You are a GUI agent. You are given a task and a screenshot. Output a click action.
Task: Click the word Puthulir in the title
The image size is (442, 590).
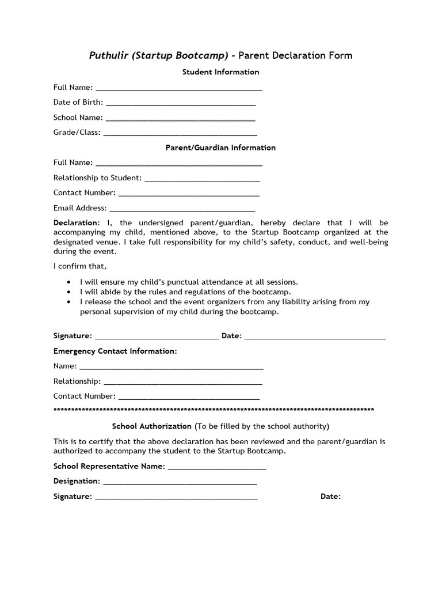coord(109,56)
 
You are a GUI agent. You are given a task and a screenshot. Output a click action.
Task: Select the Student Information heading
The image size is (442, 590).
coord(220,72)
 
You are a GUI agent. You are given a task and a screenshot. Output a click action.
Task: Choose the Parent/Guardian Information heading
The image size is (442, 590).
coord(220,147)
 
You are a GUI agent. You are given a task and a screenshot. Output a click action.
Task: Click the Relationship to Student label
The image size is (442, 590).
coord(97,178)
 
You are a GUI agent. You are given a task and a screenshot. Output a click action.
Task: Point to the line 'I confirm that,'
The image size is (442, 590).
coord(80,266)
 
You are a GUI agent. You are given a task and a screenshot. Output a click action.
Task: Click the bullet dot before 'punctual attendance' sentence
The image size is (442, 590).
coord(69,282)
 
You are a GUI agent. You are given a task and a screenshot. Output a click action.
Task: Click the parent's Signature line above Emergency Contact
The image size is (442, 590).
coord(156,338)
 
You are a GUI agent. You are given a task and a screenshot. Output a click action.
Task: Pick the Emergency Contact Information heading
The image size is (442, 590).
coord(115,351)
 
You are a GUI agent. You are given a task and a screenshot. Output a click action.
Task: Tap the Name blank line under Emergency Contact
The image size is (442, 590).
coord(171,368)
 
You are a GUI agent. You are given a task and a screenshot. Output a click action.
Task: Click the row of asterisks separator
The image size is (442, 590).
coord(214,410)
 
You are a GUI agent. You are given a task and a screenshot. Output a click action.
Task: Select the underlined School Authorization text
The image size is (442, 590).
coord(151,426)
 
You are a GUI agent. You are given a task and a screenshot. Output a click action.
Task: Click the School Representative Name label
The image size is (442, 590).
coord(109,466)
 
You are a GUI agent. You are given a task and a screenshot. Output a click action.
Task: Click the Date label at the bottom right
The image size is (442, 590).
coord(330,497)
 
